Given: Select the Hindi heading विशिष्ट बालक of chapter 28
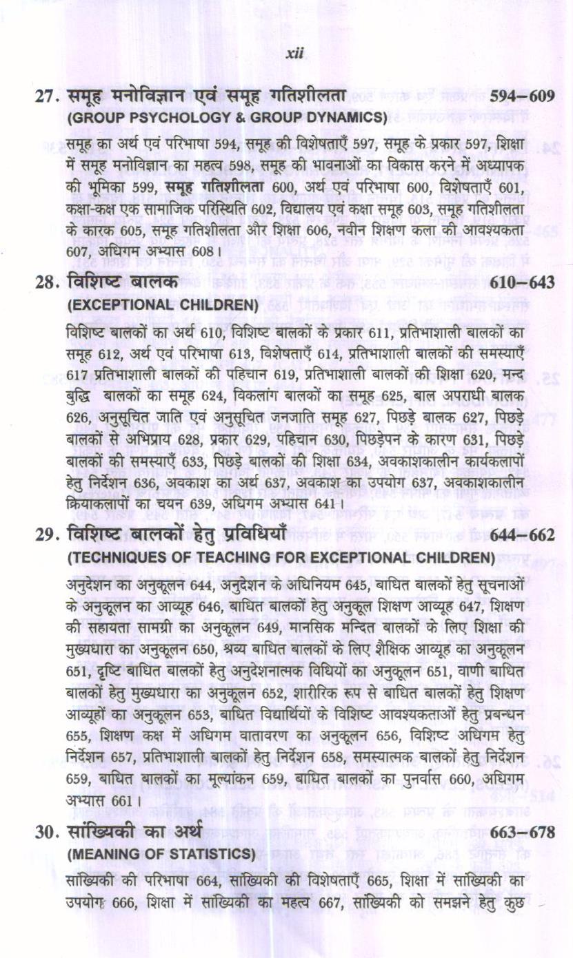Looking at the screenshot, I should point(123,282).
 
